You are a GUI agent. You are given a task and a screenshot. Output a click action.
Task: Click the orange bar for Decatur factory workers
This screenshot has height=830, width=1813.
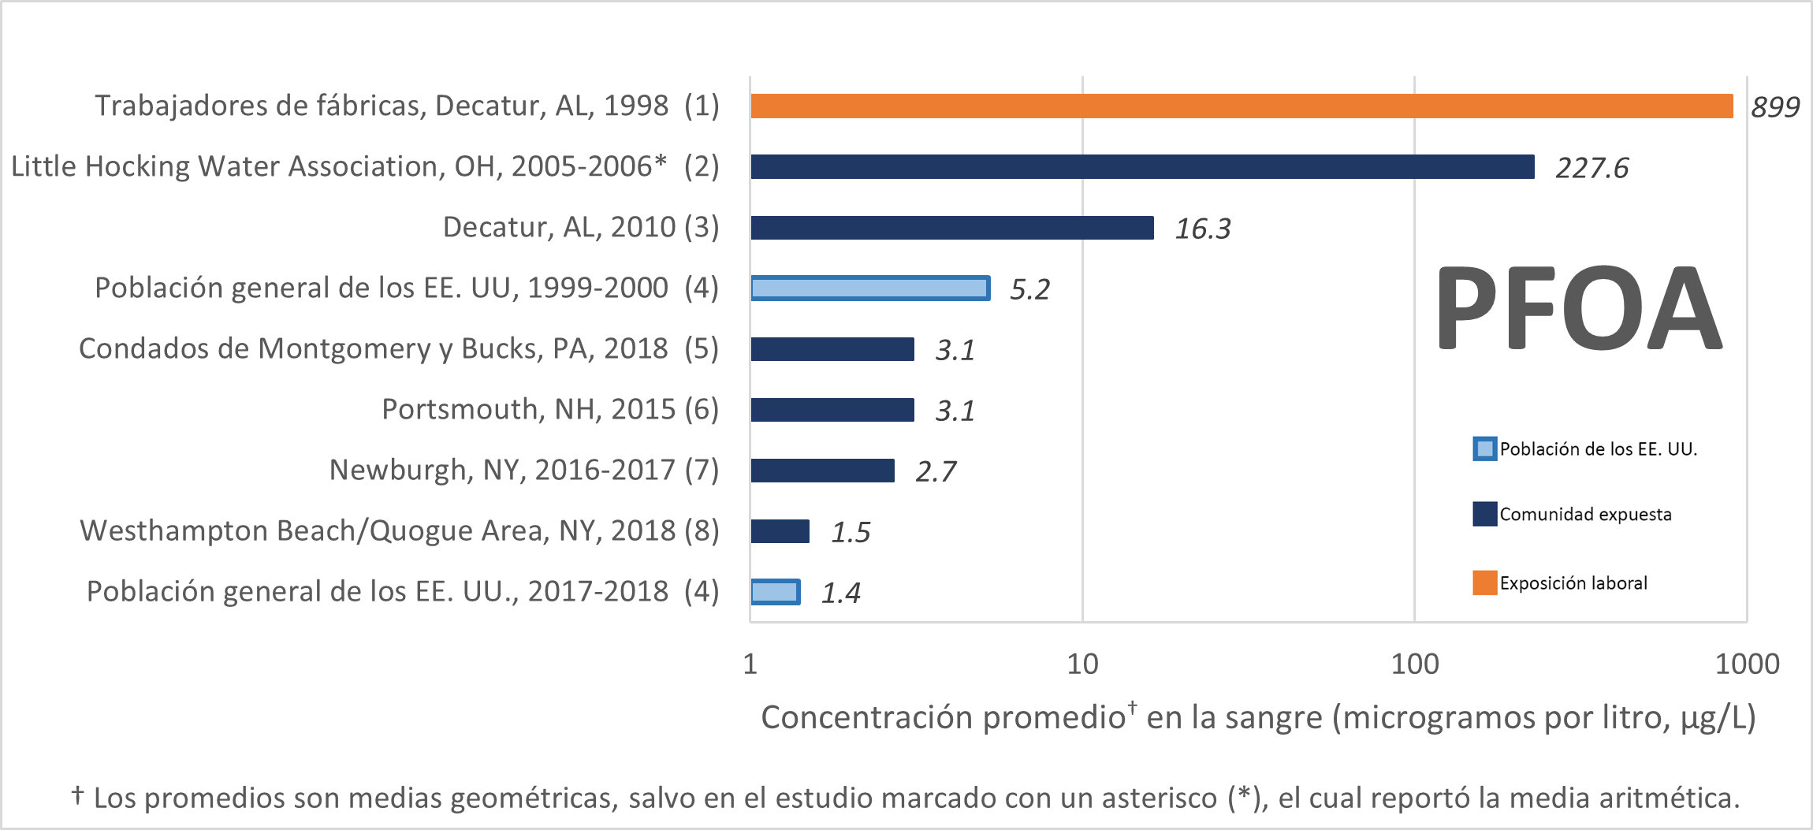1242,106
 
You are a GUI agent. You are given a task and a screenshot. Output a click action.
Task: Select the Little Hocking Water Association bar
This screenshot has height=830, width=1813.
1142,166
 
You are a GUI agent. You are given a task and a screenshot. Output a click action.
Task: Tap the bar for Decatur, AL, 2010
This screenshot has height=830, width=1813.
952,228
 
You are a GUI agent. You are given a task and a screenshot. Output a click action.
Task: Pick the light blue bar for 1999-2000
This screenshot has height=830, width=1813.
870,288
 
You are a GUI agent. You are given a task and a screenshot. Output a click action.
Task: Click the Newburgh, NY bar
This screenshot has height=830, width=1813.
822,471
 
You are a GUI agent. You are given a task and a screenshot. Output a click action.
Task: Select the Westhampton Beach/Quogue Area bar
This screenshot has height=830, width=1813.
780,531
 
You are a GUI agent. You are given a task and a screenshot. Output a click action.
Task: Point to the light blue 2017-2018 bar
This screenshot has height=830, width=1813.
775,592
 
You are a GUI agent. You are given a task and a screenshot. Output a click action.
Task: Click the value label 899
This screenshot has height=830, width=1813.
1775,106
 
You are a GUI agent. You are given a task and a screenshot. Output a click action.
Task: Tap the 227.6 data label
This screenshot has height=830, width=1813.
1591,168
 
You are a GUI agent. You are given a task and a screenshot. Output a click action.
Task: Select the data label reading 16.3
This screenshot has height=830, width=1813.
1202,229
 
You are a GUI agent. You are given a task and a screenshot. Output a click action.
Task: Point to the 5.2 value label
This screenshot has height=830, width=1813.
1029,289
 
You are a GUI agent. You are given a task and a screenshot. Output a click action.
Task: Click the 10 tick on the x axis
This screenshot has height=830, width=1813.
1082,664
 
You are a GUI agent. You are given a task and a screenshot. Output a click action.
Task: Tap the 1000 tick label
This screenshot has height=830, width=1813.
1747,664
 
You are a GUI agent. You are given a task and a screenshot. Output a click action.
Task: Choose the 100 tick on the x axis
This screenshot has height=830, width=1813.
1414,664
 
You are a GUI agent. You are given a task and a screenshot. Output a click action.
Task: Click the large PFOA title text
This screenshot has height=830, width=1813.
1579,309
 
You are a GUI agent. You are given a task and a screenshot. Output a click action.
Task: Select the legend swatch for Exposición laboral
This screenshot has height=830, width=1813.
1485,582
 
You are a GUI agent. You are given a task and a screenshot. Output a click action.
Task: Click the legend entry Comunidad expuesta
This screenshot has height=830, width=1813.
1584,515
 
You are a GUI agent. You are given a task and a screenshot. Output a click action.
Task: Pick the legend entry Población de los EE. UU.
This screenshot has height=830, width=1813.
1597,449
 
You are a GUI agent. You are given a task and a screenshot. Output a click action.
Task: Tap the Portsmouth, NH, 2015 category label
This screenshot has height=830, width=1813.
550,409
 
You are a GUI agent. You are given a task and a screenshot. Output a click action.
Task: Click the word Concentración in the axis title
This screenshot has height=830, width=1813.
863,717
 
